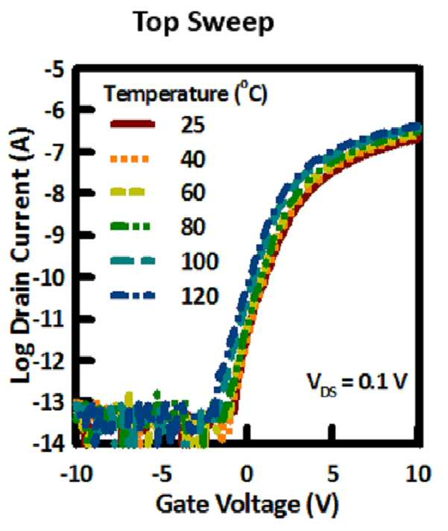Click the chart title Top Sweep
(204, 22)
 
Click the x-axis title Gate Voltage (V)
(247, 505)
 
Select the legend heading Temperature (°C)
(186, 93)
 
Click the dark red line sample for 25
(133, 124)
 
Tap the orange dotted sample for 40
(130, 159)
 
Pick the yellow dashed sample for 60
(127, 192)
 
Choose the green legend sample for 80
(130, 226)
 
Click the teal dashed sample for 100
(133, 261)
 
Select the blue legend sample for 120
(133, 296)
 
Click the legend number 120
(200, 296)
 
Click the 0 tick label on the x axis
(247, 474)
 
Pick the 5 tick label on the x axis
(332, 474)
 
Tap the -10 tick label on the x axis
(76, 474)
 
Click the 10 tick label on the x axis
(419, 474)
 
